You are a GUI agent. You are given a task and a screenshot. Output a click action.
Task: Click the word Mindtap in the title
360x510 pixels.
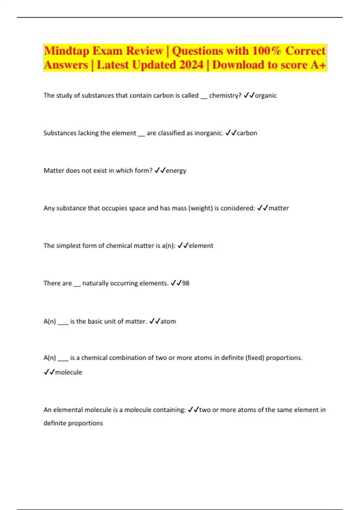(66, 51)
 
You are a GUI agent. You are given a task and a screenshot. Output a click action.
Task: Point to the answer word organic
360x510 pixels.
(265, 95)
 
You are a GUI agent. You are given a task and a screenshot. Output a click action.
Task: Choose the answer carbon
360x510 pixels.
(247, 133)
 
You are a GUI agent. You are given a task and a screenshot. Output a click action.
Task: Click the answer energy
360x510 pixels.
(176, 171)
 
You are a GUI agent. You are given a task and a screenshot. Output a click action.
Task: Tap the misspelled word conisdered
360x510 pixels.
(238, 208)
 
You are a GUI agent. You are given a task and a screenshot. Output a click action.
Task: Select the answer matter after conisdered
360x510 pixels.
(278, 208)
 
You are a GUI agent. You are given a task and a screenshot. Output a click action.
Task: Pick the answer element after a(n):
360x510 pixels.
(201, 246)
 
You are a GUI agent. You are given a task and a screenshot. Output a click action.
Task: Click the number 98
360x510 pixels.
(186, 283)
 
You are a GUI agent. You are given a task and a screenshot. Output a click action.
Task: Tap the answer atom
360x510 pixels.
(168, 321)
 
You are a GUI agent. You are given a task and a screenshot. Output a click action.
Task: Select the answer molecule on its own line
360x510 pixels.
(69, 372)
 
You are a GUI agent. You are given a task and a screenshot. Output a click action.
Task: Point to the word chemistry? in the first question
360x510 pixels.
(225, 95)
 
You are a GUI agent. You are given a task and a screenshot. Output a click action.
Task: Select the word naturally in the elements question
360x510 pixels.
(95, 283)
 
